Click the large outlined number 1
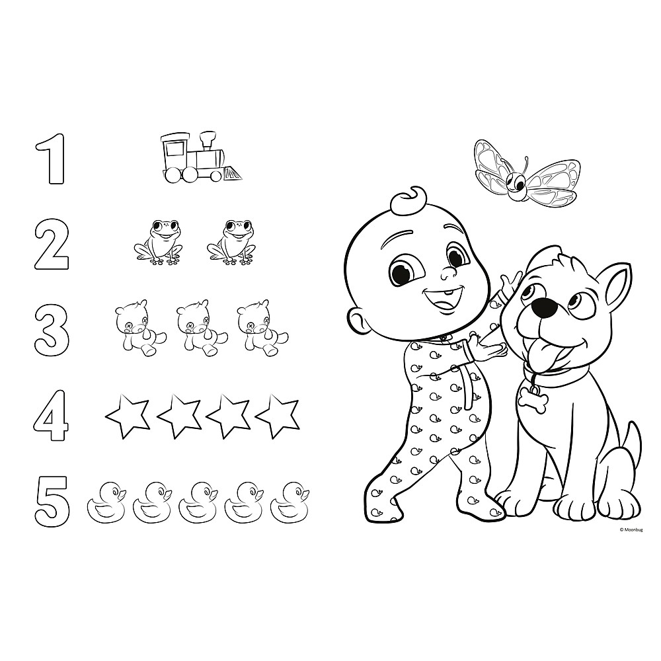[52, 159]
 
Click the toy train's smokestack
[208, 139]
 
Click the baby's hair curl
[409, 196]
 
